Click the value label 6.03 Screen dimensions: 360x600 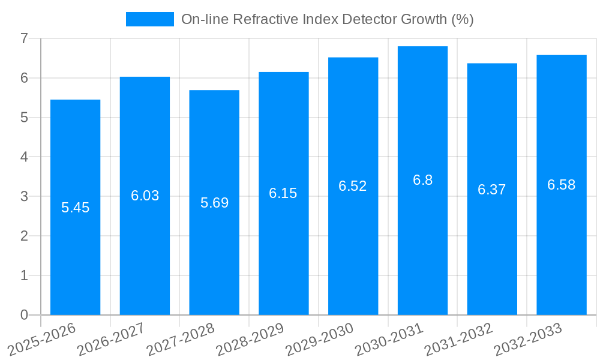tap(145, 196)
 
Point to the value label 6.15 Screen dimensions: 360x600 tap(283, 193)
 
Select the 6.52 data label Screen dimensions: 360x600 tap(353, 186)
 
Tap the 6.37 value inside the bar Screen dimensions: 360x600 tap(492, 190)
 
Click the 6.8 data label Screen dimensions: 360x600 tap(422, 180)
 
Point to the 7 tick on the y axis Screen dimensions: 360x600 tap(24, 38)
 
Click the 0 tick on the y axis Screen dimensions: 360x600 tap(24, 315)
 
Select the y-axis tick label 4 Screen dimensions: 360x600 tap(24, 157)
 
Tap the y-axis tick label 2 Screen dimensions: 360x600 tap(24, 236)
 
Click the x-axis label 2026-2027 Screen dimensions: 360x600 tap(110, 338)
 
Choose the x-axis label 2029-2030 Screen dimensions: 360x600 tap(319, 338)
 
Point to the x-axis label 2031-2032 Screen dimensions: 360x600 tap(458, 338)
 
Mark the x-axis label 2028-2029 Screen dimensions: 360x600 tap(250, 338)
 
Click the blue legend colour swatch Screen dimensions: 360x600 tap(149, 19)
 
